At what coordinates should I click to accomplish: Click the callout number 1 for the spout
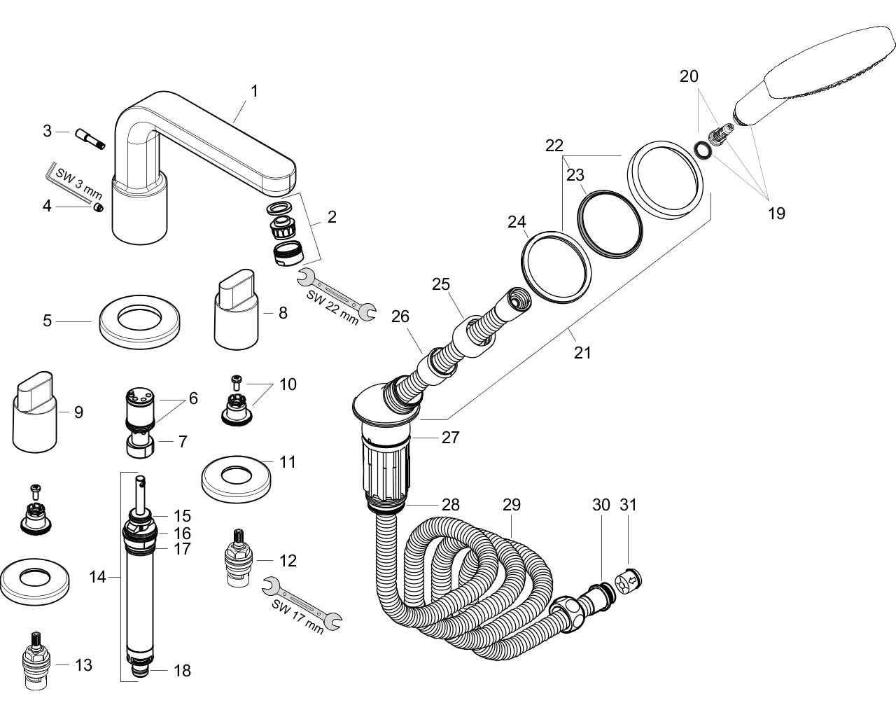click(x=255, y=91)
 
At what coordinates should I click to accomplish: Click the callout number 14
click(x=97, y=577)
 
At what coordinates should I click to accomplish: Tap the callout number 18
click(x=182, y=671)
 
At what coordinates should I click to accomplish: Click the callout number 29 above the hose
click(x=512, y=504)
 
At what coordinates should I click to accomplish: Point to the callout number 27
click(x=450, y=438)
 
